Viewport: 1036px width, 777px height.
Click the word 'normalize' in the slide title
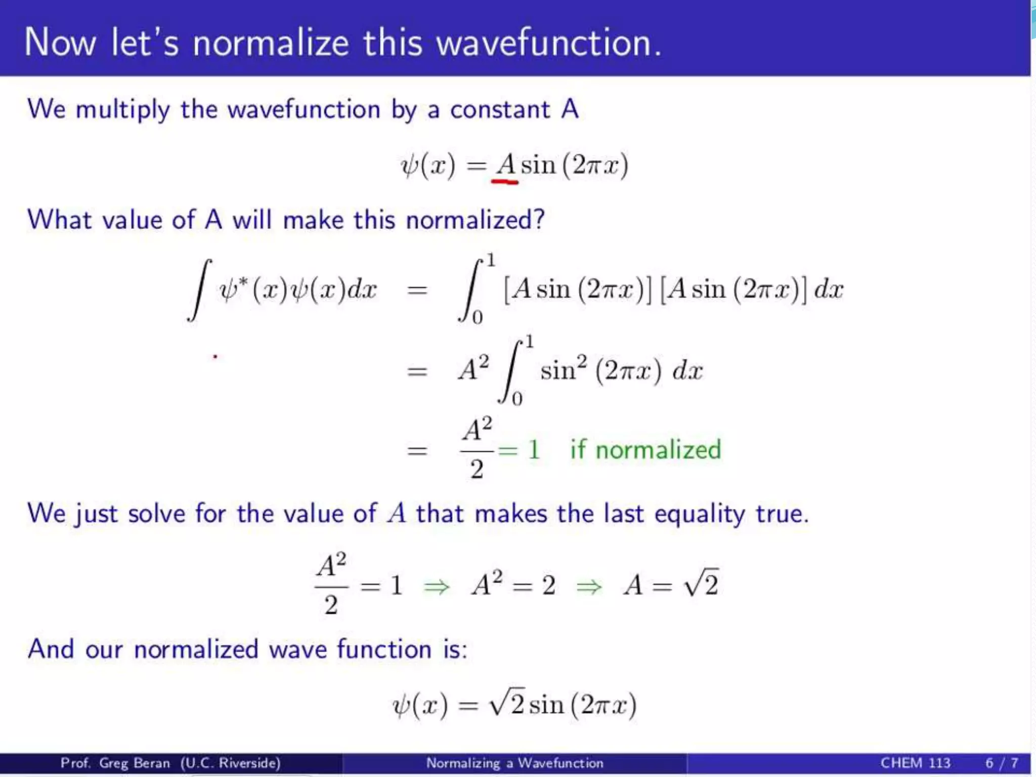pos(270,42)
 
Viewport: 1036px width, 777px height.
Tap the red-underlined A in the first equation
pos(505,165)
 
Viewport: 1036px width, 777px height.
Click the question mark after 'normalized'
pos(539,220)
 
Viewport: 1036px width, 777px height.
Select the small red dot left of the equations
pos(215,357)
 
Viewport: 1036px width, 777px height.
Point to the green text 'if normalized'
pos(645,449)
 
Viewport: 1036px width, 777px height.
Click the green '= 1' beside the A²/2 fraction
pos(519,449)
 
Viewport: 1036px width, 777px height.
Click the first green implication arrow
pos(437,587)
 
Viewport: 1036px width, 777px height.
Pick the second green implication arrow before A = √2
pos(589,587)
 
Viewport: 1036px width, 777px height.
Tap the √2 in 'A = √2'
pos(701,584)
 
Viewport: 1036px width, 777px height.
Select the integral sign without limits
pos(199,290)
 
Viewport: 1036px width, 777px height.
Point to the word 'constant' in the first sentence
pos(500,110)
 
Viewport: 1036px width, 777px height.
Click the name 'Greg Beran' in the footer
pos(134,762)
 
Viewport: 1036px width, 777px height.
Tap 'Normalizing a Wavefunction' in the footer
pos(514,762)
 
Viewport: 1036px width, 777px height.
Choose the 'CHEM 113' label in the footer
pos(915,762)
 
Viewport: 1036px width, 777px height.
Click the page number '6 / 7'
pos(1001,762)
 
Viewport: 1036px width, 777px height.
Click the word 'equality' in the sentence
pos(699,514)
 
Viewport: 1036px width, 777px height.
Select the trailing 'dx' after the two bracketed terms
pos(829,289)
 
